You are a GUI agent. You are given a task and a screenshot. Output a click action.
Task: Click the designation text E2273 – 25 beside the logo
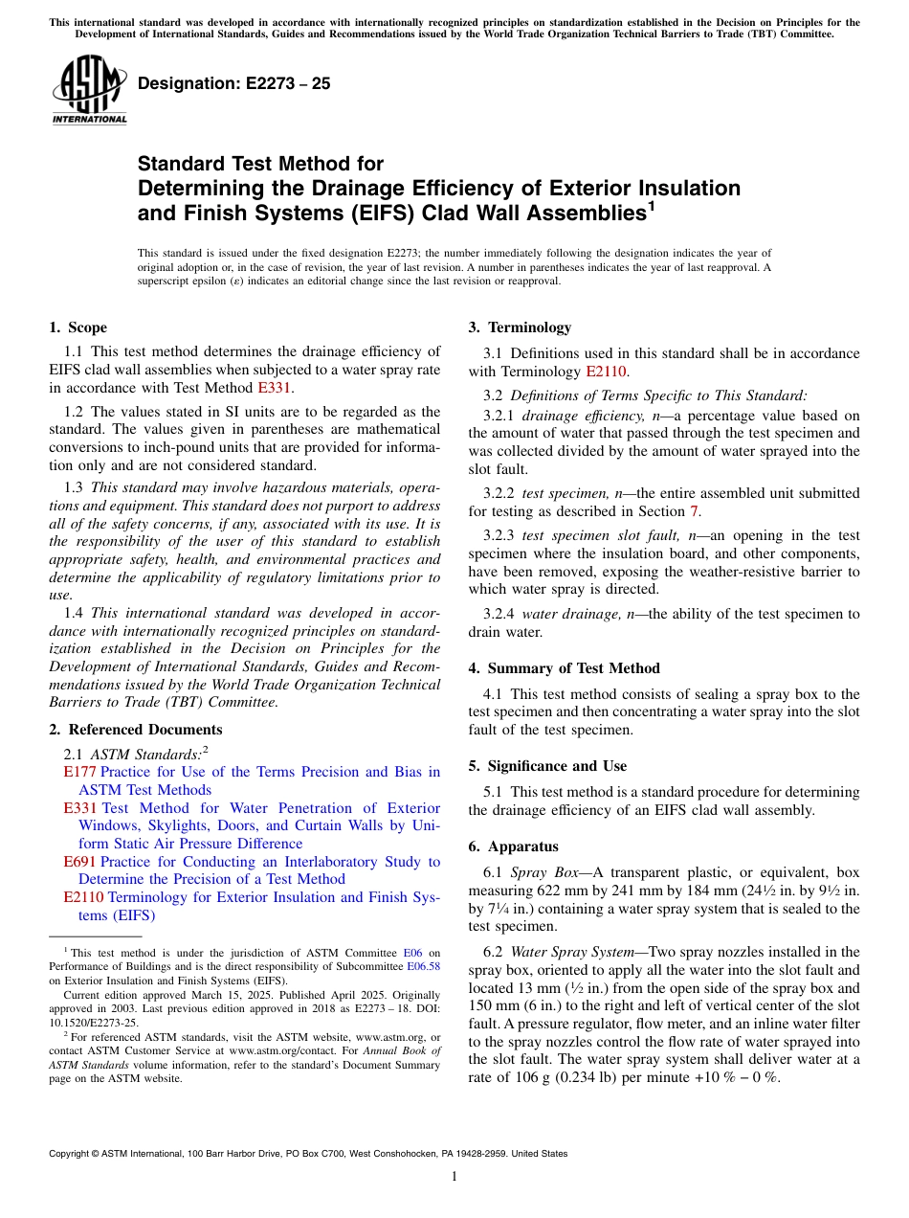coord(234,84)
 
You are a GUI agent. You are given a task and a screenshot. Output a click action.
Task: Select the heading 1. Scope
coord(78,327)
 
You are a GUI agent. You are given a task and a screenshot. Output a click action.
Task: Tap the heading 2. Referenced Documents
coord(135,730)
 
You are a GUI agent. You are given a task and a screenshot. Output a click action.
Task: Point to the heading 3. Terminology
coord(520,327)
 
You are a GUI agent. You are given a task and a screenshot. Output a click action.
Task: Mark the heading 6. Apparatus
coord(513,846)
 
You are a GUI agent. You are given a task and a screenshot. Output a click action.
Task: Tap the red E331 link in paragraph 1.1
coord(275,388)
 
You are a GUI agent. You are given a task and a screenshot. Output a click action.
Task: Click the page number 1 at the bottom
coord(454,1176)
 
